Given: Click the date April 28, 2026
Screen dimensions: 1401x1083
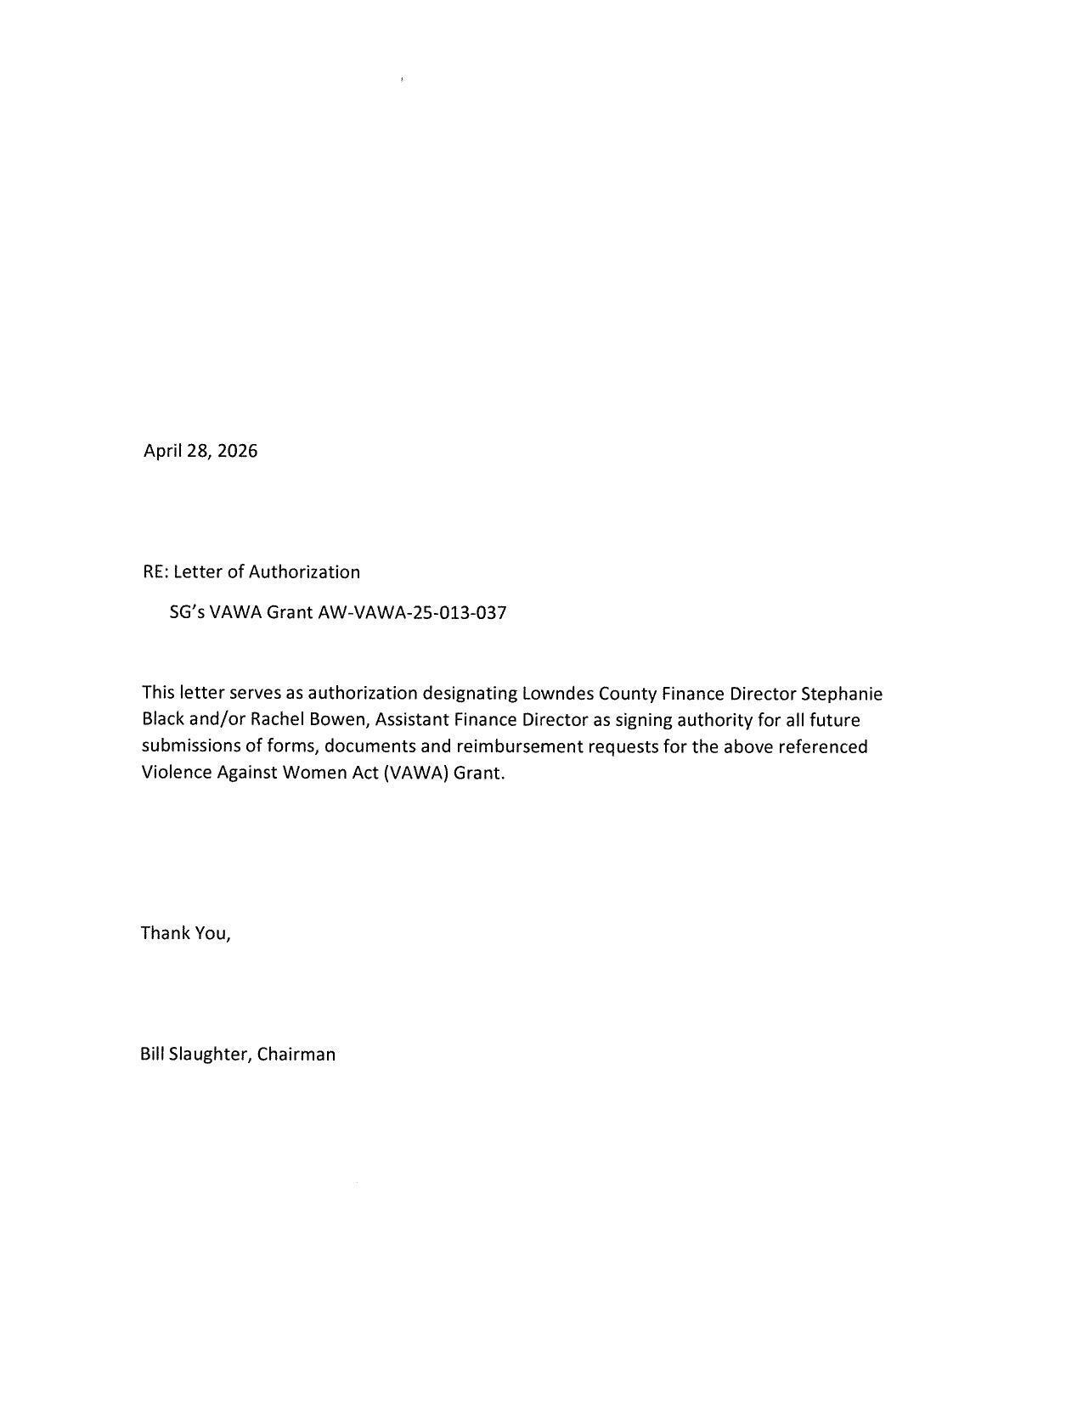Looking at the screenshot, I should click(200, 451).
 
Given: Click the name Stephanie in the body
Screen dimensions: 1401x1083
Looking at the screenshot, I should click(842, 694).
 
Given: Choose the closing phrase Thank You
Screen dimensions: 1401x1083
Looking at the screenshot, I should click(184, 933).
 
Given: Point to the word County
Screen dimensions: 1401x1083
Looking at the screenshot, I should click(628, 694).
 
